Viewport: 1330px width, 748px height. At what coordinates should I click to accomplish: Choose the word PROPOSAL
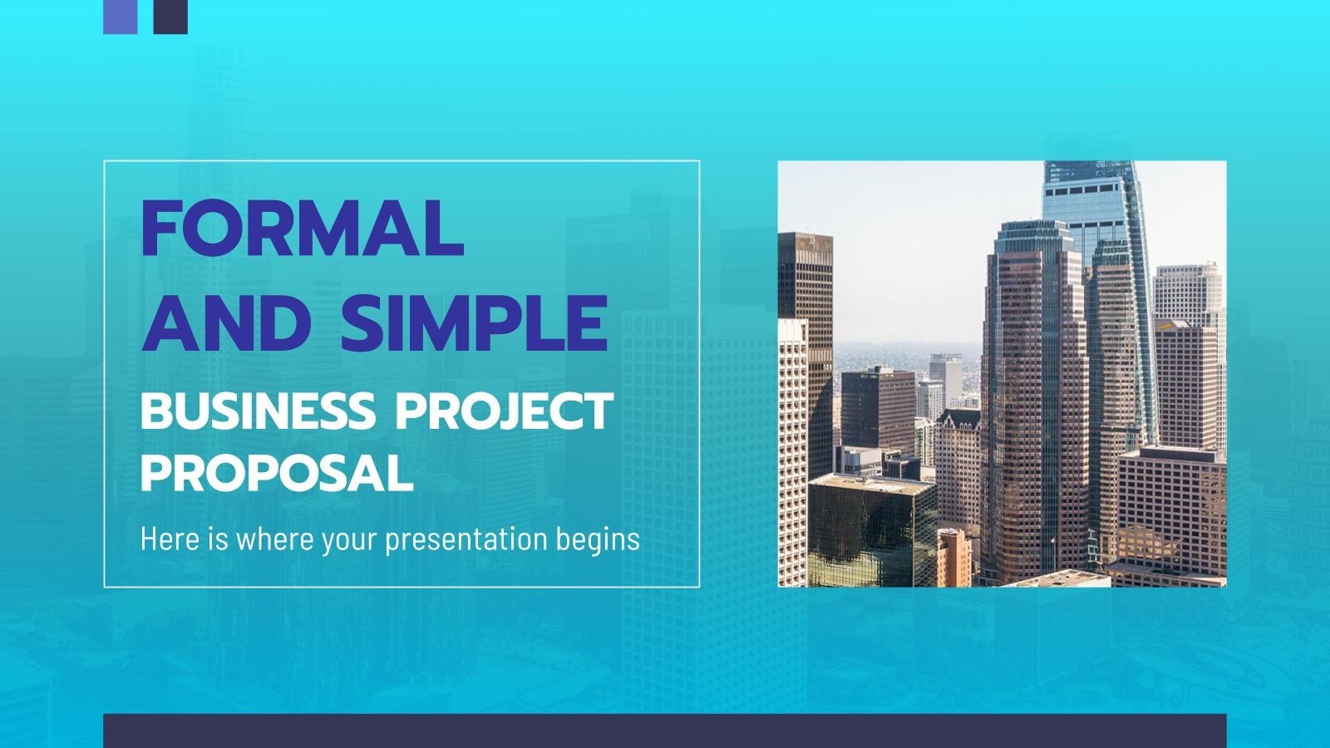click(x=277, y=474)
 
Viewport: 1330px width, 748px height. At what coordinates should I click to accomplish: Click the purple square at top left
click(x=120, y=16)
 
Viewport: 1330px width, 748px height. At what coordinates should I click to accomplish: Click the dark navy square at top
click(x=170, y=16)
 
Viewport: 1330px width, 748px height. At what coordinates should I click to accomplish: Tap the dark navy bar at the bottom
click(x=665, y=731)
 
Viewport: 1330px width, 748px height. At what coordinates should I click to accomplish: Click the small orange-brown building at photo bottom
click(x=953, y=557)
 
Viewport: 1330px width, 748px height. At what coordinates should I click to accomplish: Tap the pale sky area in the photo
click(x=906, y=249)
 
